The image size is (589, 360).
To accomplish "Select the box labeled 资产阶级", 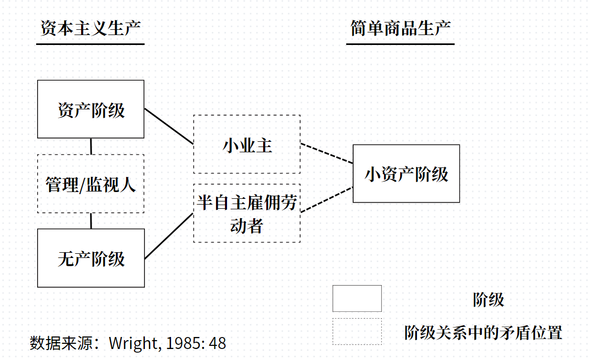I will (91, 109).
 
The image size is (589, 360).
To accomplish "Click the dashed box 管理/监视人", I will (91, 184).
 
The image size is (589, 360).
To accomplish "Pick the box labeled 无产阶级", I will (91, 258).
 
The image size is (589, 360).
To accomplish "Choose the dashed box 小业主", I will (247, 145).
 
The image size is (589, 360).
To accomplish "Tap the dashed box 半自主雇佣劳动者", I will (247, 213).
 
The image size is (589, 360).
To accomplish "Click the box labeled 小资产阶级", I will (406, 174).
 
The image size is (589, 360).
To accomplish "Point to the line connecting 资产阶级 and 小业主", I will (169, 126).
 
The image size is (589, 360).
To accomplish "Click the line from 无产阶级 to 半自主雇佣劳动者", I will (169, 236).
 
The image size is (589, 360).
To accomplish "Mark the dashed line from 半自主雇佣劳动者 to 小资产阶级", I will (327, 199).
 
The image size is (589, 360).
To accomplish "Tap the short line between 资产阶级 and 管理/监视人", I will (91, 147).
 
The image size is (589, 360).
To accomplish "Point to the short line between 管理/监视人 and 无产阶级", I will (91, 221).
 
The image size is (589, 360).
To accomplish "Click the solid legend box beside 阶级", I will (357, 299).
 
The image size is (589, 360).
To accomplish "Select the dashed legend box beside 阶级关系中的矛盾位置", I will (357, 332).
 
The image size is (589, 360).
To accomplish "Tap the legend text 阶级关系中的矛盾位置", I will (483, 332).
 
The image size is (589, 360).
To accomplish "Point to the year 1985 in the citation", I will (184, 343).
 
